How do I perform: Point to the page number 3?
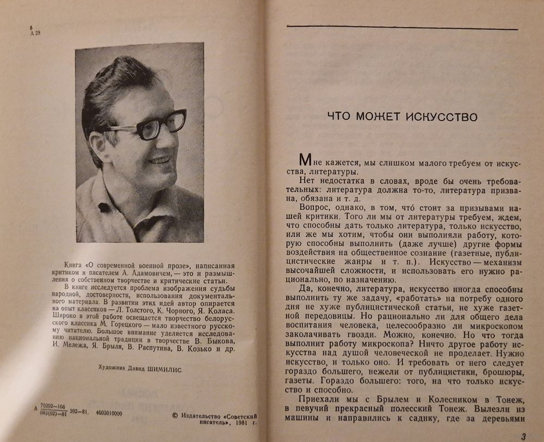(523, 435)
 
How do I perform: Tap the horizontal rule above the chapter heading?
(402, 28)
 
